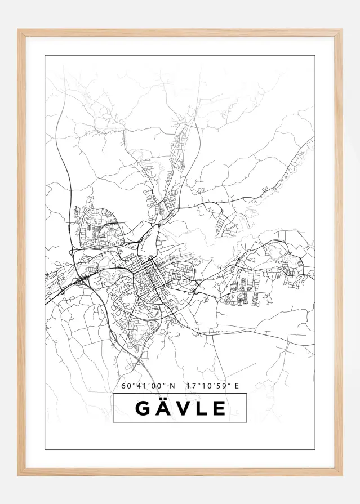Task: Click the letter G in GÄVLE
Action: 144,408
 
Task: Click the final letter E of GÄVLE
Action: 219,408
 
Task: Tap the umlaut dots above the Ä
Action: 163,399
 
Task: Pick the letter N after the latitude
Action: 172,386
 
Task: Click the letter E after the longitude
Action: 237,386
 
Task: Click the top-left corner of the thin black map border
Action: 45,56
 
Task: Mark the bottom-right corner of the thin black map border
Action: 314,449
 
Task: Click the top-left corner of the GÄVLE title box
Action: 113,394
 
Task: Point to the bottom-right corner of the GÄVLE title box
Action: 247,422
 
